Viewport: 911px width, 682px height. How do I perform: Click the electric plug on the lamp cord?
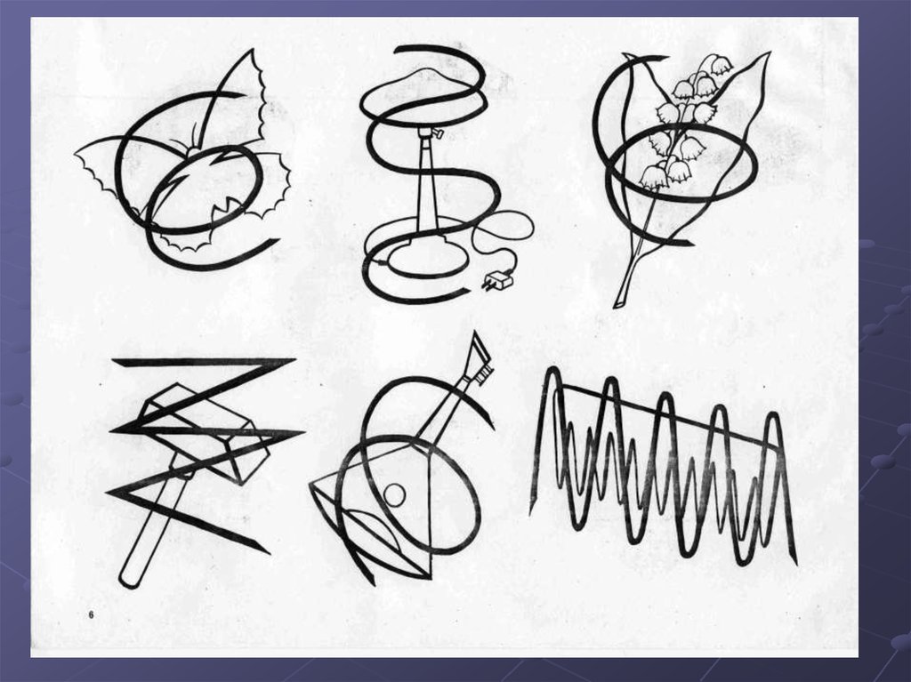(498, 281)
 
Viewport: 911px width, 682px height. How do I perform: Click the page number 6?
(92, 614)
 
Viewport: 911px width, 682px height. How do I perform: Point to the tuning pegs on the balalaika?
(484, 374)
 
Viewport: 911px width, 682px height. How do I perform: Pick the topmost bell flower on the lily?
(718, 65)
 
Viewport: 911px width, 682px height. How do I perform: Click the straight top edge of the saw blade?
(667, 412)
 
